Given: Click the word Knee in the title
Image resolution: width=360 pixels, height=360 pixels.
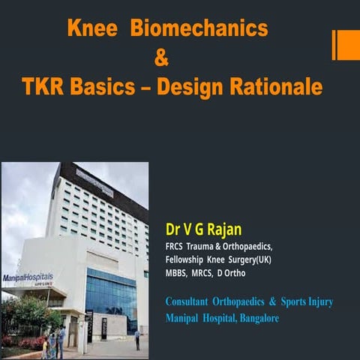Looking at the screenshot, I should [x=91, y=29].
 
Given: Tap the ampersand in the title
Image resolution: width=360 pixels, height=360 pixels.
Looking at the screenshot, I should [x=161, y=57].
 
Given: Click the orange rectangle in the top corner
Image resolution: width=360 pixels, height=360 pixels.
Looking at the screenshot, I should [x=348, y=44].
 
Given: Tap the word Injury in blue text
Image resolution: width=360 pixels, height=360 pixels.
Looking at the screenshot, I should [x=317, y=301].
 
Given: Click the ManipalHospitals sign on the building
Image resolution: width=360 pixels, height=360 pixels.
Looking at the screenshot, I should [x=28, y=278].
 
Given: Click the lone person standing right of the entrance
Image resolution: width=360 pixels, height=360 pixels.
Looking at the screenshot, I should [x=137, y=340].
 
